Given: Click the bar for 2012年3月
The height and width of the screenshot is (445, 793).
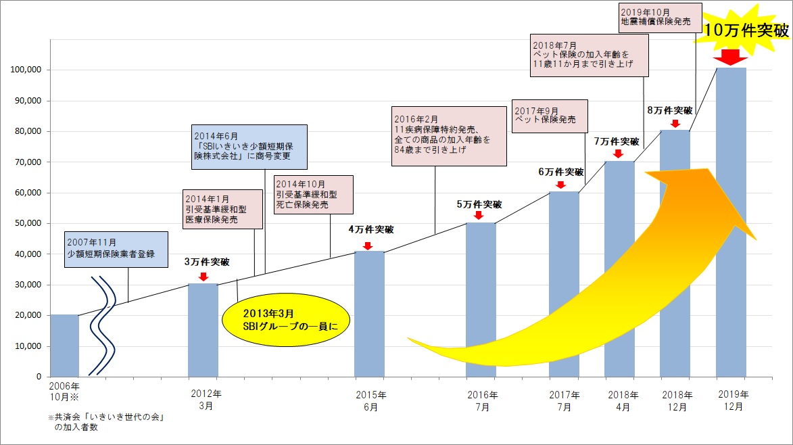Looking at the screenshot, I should click(x=203, y=330).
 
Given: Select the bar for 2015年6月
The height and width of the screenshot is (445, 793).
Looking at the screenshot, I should click(x=369, y=314).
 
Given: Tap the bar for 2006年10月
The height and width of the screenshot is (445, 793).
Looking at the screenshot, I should click(x=64, y=346).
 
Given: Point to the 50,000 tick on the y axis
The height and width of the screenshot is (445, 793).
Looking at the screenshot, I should click(x=27, y=223).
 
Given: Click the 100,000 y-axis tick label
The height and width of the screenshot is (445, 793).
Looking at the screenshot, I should click(x=24, y=70).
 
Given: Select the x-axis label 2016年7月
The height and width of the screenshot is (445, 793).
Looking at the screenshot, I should click(x=481, y=400).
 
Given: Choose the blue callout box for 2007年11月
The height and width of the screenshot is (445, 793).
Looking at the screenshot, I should click(x=117, y=248).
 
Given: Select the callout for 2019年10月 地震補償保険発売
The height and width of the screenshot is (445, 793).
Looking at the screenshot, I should click(x=655, y=17).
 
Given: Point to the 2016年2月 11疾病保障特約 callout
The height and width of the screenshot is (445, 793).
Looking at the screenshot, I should click(x=448, y=135).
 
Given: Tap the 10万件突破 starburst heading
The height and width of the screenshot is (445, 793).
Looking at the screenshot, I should click(x=746, y=30).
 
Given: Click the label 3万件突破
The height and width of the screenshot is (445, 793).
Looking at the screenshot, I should click(x=207, y=262).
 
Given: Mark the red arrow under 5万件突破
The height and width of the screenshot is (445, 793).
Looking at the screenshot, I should click(x=478, y=215).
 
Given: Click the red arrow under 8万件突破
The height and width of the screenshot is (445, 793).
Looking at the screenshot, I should click(x=674, y=123).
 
